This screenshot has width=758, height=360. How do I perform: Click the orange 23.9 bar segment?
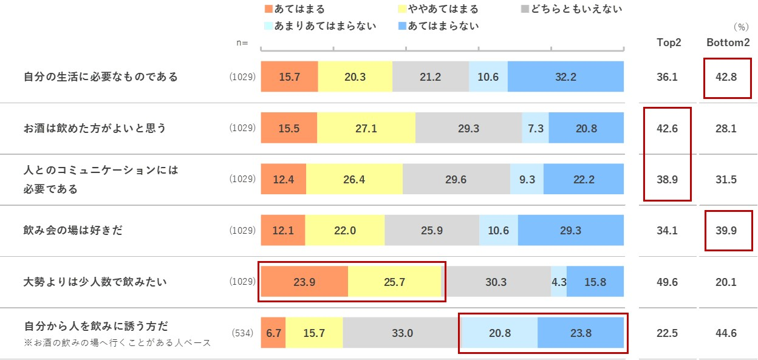click(x=304, y=282)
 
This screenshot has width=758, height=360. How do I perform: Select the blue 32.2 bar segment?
click(x=565, y=77)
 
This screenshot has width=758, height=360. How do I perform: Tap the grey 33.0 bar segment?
click(x=402, y=333)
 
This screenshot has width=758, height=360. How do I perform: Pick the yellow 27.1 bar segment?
click(x=366, y=128)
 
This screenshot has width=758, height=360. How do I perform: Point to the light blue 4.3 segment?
click(x=559, y=282)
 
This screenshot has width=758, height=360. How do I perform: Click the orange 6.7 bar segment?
click(x=273, y=333)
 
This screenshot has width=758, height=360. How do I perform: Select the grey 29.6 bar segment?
click(x=456, y=179)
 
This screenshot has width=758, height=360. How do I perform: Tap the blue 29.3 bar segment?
click(x=571, y=231)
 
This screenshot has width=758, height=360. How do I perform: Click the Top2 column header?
click(x=669, y=42)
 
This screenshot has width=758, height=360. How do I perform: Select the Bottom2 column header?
click(x=728, y=42)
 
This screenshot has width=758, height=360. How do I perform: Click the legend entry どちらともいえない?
click(x=571, y=9)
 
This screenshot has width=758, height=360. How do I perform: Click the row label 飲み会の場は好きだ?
click(x=73, y=231)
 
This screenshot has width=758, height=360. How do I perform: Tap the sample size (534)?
click(x=243, y=333)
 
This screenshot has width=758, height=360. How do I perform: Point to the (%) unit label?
click(x=740, y=27)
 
